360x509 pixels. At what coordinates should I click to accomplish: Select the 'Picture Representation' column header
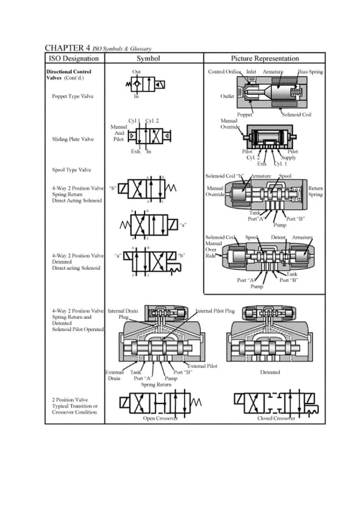(x=265, y=59)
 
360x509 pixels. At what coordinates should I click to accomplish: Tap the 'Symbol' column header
(x=148, y=59)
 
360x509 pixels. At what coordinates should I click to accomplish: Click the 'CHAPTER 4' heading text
(x=68, y=48)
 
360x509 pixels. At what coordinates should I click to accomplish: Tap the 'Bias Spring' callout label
(x=310, y=72)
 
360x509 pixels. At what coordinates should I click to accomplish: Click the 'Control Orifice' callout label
(x=225, y=72)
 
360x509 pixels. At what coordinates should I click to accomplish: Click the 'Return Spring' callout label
(x=315, y=191)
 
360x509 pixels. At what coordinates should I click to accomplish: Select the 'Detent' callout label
(x=278, y=238)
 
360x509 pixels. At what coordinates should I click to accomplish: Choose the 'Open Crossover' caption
(x=160, y=418)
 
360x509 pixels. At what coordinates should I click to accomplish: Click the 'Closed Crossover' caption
(x=276, y=418)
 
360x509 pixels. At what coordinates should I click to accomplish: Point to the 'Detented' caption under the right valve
(x=270, y=372)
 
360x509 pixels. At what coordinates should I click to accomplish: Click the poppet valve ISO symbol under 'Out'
(x=145, y=85)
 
